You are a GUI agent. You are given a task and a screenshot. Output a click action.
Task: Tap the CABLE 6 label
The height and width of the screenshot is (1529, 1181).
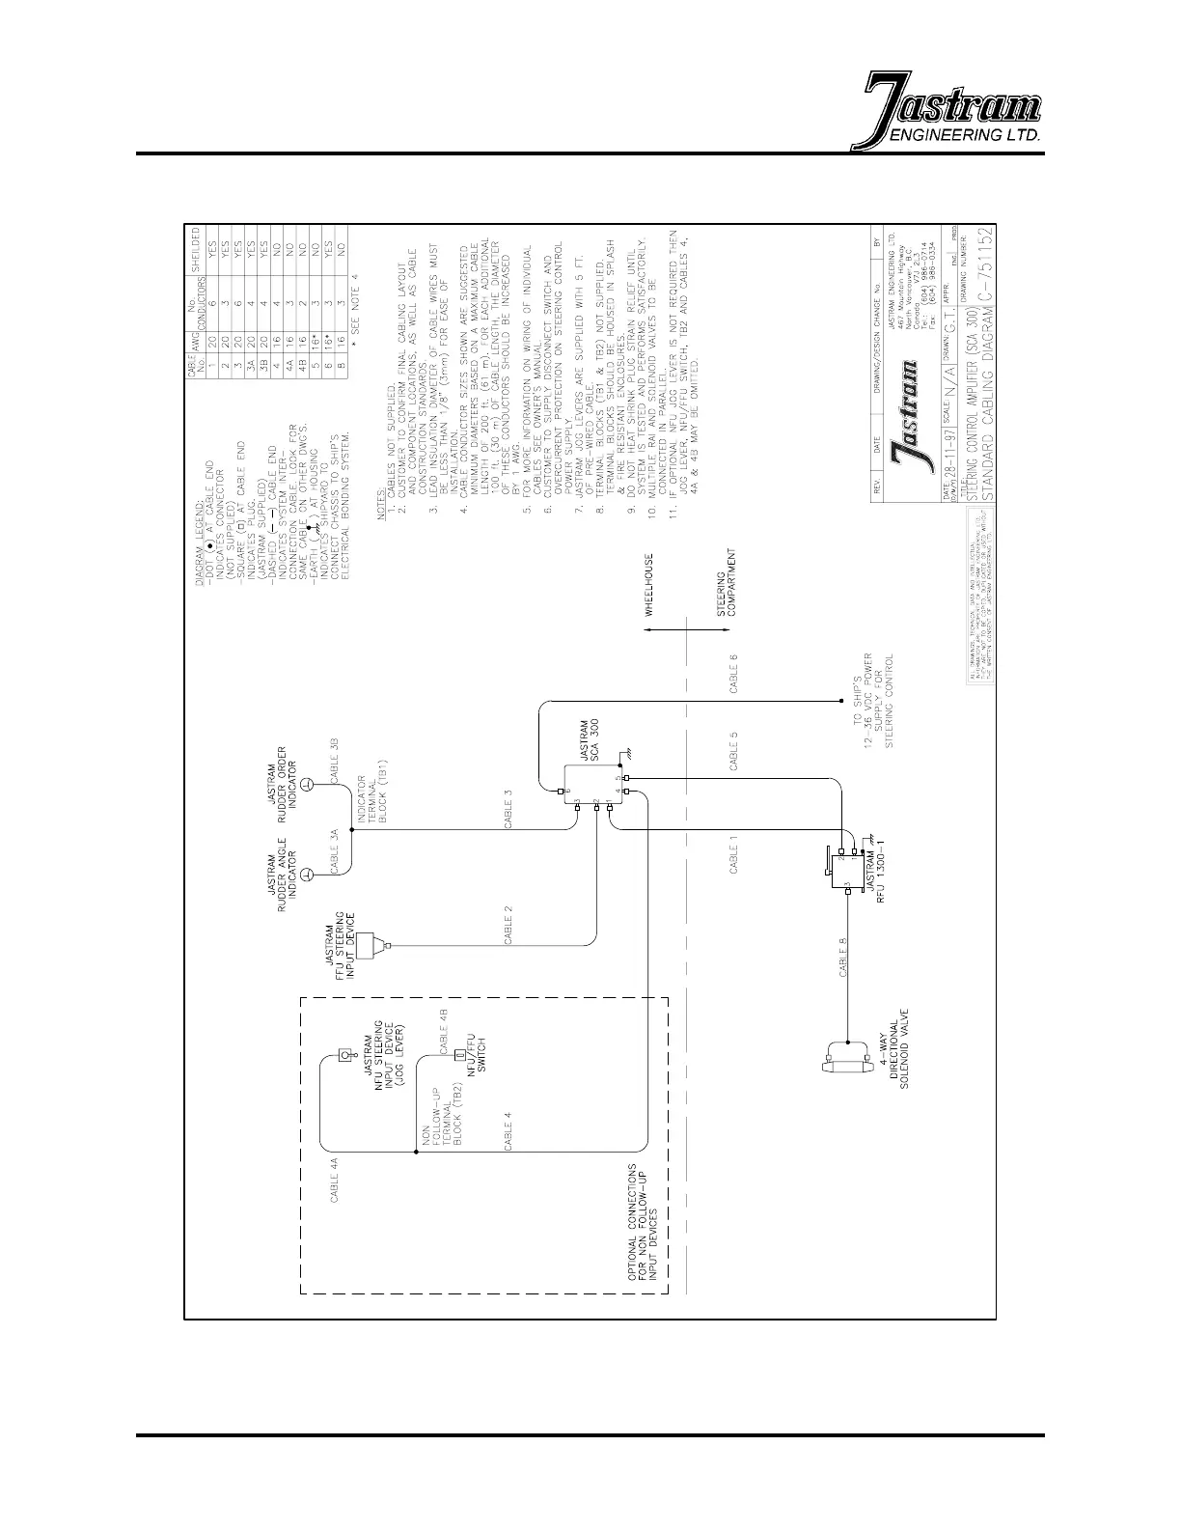point(734,675)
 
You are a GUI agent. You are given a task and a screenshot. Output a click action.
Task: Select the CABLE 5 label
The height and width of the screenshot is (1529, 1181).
point(734,751)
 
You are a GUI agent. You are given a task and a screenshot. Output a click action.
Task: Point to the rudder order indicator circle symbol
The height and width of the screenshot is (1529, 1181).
point(305,785)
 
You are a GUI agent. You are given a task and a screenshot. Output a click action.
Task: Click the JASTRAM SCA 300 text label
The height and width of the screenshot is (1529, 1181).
point(588,741)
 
